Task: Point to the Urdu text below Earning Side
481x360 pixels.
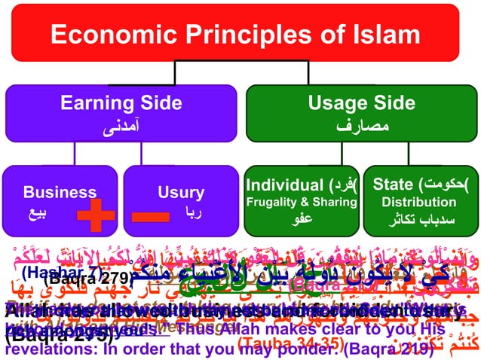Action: (120, 126)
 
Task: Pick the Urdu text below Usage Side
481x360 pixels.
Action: (361, 126)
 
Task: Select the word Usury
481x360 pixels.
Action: (181, 192)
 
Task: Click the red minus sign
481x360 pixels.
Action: (155, 216)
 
